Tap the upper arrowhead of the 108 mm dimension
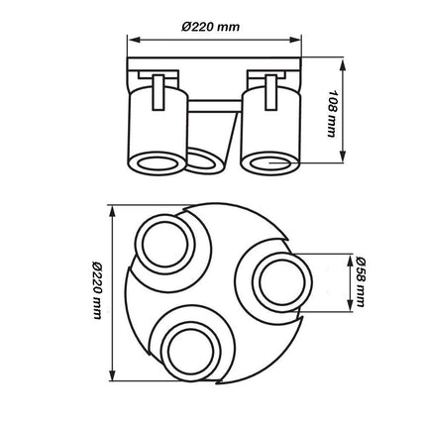pyautogui.click(x=341, y=62)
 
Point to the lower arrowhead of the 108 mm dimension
pyautogui.click(x=341, y=160)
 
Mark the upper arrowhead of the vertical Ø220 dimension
pyautogui.click(x=112, y=210)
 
